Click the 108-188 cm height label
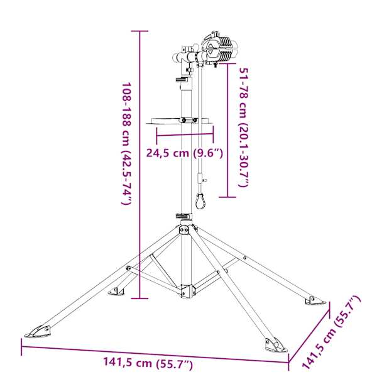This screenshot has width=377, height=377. [x=127, y=144]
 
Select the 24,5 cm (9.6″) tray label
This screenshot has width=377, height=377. [x=185, y=153]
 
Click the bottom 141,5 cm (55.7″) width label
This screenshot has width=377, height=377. [x=148, y=363]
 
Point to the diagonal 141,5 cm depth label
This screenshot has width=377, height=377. [x=331, y=332]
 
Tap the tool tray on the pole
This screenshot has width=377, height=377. [x=180, y=121]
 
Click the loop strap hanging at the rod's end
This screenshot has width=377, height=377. [x=200, y=201]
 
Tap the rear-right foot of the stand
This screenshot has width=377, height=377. [x=315, y=300]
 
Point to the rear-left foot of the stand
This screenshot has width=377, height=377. [x=116, y=292]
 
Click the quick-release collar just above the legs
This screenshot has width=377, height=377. [x=184, y=216]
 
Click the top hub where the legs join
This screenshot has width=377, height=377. [x=187, y=229]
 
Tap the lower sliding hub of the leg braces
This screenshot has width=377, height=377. [x=187, y=290]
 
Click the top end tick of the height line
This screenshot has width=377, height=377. [x=139, y=31]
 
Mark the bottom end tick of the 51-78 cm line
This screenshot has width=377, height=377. [x=227, y=197]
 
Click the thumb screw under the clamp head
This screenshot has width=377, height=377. [x=215, y=65]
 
